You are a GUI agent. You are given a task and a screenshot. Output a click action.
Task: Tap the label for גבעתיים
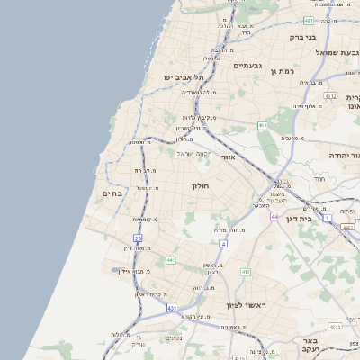[247, 66]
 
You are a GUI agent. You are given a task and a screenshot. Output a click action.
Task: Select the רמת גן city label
[283, 71]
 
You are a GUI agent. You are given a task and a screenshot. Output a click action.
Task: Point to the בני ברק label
[301, 38]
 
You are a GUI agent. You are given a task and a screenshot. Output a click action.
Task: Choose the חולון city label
[200, 185]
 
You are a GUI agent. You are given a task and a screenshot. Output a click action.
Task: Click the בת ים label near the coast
[112, 193]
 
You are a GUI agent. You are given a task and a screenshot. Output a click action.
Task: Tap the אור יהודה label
[343, 156]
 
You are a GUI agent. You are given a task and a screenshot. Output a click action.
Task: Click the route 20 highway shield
[138, 238]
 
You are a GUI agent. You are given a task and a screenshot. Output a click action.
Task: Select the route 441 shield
[170, 260]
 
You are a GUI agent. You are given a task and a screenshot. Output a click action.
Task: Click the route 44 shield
[274, 217]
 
